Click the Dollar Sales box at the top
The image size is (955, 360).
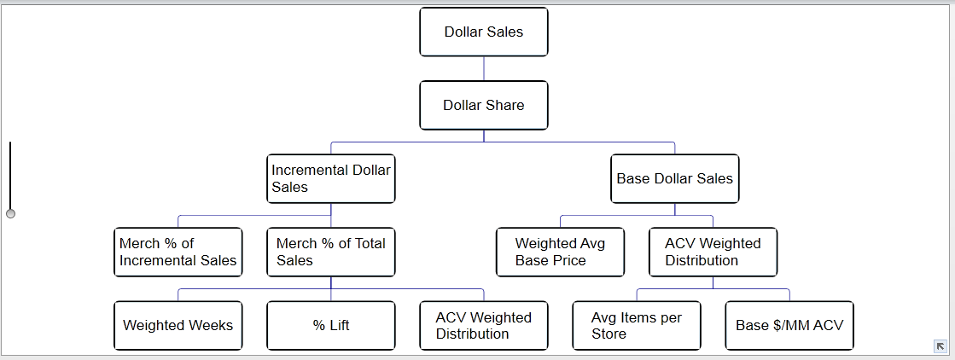pos(484,32)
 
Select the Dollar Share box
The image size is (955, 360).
pos(484,106)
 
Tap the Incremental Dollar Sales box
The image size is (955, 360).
pos(331,178)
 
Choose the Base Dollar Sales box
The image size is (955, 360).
pos(675,178)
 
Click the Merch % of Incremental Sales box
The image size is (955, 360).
pos(178,253)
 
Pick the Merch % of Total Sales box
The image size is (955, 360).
pos(331,253)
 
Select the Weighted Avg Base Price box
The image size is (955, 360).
pos(561,253)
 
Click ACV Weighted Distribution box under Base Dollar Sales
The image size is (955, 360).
pos(713,253)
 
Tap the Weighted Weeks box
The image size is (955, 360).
pos(178,326)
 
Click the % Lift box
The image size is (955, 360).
pos(331,326)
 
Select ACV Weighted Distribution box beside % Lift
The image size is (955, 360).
pos(484,326)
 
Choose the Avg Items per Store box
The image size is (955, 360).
pos(637,326)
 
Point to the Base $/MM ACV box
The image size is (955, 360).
pos(789,326)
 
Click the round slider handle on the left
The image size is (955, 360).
pos(10,214)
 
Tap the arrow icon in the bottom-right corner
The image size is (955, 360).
pos(940,346)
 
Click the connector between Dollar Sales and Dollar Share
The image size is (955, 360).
pos(484,69)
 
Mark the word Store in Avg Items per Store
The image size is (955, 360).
pos(609,334)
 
